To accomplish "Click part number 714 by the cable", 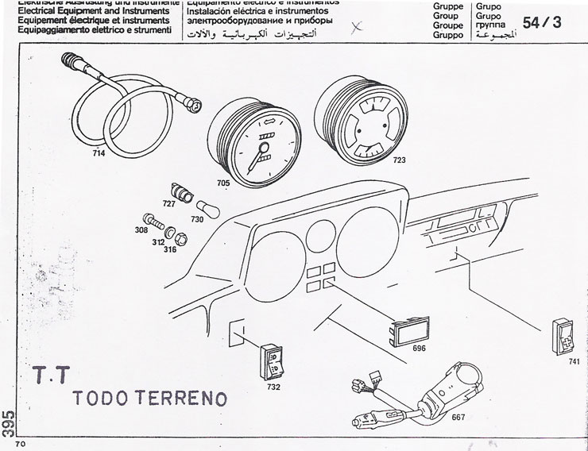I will pyautogui.click(x=99, y=153).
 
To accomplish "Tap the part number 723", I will pyautogui.click(x=398, y=160).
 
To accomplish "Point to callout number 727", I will pyautogui.click(x=168, y=204).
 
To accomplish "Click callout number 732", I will pyautogui.click(x=273, y=388).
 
